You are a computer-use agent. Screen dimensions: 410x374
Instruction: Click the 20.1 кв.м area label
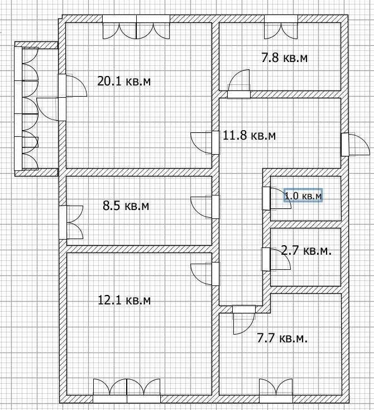(124, 82)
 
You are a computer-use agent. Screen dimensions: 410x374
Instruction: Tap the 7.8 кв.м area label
(285, 58)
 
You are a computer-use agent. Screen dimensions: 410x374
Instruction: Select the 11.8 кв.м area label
(249, 135)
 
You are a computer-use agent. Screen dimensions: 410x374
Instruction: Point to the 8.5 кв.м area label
(126, 206)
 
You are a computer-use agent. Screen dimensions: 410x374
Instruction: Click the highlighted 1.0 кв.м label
(303, 196)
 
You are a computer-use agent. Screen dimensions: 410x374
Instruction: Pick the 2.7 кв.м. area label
(306, 251)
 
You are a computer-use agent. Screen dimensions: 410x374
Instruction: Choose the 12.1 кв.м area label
(124, 301)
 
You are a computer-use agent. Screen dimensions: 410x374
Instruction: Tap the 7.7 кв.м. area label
(282, 338)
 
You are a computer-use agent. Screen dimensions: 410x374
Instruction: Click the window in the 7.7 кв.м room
(276, 389)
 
